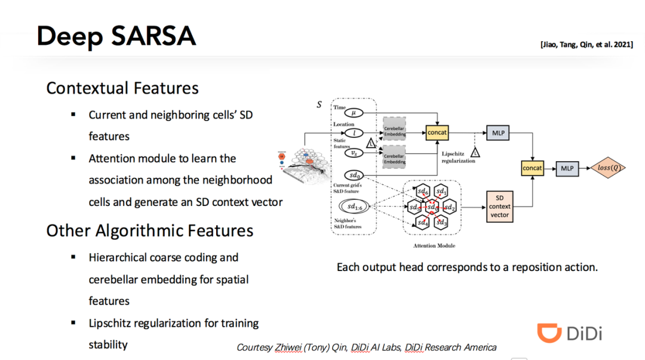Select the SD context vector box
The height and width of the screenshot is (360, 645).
click(x=499, y=206)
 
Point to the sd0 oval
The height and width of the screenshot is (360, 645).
click(x=355, y=176)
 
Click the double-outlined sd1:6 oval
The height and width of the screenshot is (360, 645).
click(x=355, y=207)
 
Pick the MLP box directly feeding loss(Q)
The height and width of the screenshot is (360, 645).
click(x=567, y=168)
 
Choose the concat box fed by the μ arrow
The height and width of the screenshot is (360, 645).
click(x=437, y=132)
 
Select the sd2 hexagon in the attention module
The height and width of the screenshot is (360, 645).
click(x=450, y=207)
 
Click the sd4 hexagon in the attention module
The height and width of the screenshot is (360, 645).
click(x=423, y=223)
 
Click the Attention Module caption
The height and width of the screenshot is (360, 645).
click(x=434, y=245)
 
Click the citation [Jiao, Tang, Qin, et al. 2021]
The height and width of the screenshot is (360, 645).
click(x=587, y=45)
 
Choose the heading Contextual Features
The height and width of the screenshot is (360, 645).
click(x=122, y=88)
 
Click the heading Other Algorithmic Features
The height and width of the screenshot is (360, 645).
click(x=150, y=230)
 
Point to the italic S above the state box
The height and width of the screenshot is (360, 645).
click(x=319, y=104)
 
